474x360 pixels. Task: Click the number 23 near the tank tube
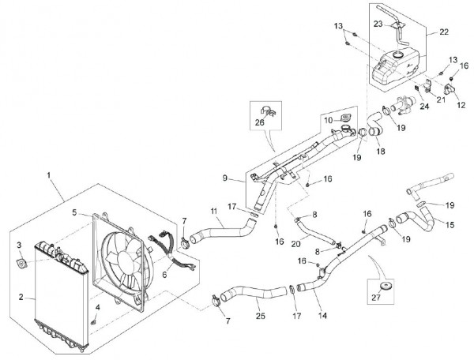coord(379,24)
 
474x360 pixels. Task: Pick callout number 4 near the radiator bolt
coord(97,307)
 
